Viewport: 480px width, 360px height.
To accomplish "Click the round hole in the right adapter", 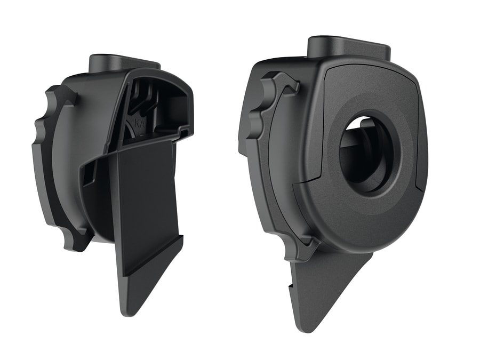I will point(366,155).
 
